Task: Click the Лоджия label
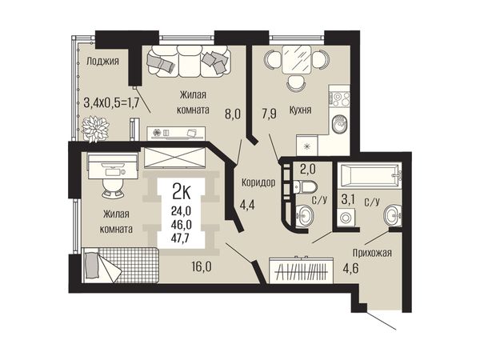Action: (x=102, y=62)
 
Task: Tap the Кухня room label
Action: (x=300, y=110)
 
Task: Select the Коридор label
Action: (x=258, y=182)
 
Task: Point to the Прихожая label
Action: (x=372, y=253)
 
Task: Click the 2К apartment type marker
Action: (x=182, y=193)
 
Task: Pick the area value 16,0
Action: (x=202, y=267)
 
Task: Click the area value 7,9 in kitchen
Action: (x=269, y=114)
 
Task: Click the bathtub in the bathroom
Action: (x=370, y=176)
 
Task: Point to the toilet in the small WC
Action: (x=306, y=186)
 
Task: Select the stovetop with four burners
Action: (x=339, y=98)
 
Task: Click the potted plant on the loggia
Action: (x=95, y=129)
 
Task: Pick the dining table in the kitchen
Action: (x=297, y=60)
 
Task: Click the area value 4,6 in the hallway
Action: (x=350, y=267)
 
